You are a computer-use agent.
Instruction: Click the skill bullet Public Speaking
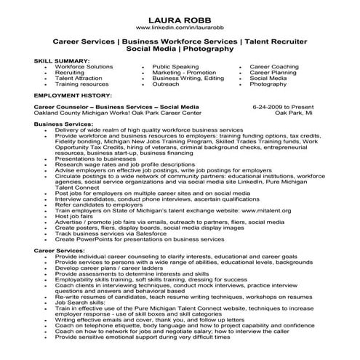point(175,66)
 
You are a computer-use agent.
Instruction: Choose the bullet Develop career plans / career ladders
point(109,269)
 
